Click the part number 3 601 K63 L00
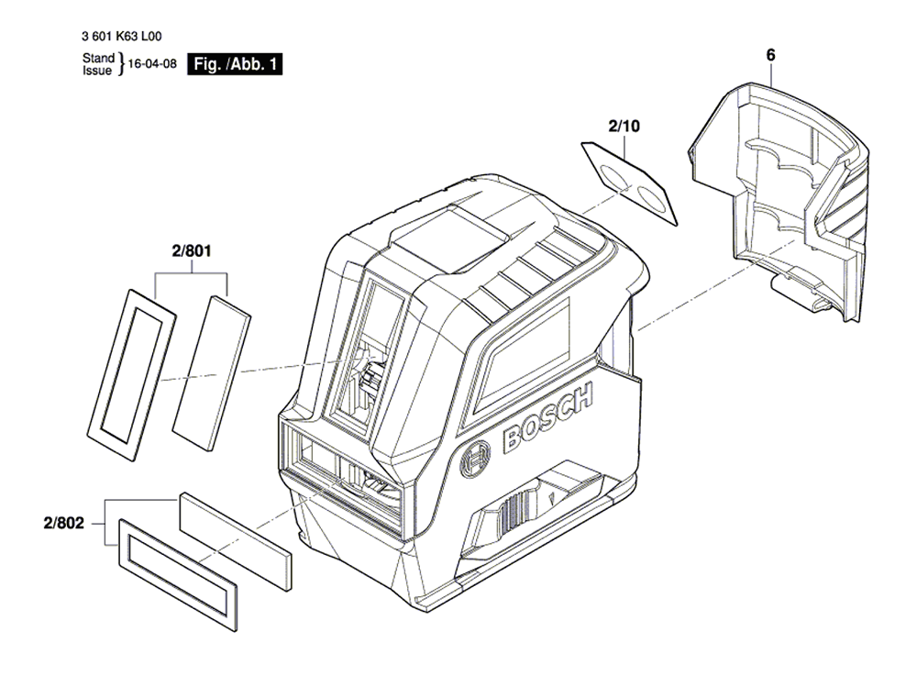(122, 37)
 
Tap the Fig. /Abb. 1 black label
(235, 63)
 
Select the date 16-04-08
(152, 63)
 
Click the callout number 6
(771, 55)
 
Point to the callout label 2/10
(624, 126)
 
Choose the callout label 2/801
(192, 251)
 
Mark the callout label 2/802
(64, 523)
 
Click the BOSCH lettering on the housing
(547, 417)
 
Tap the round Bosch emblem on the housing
(475, 459)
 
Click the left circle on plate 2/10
(614, 175)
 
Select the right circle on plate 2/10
(650, 199)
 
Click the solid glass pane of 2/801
(211, 373)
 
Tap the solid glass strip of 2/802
(235, 541)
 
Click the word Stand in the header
(98, 58)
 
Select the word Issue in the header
(97, 71)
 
